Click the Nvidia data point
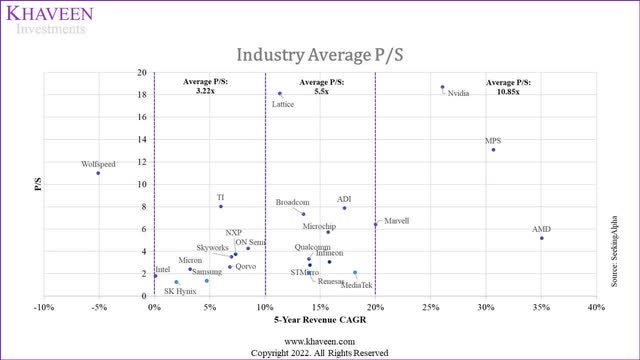[442, 87]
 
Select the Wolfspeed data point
[98, 173]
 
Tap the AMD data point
[541, 238]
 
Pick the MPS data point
[493, 150]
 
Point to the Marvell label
[396, 220]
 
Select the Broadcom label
[292, 203]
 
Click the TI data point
[221, 206]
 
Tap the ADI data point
[344, 208]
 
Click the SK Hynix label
[181, 291]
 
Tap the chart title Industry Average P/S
[319, 52]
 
